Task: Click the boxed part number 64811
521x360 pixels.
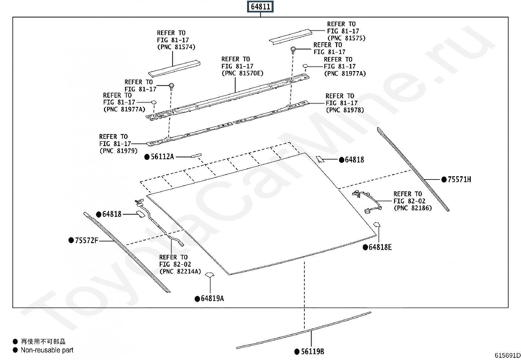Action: [x=260, y=7]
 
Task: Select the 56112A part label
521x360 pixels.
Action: [x=162, y=157]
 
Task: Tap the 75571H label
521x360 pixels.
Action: [x=459, y=179]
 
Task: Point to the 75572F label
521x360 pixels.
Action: [x=86, y=240]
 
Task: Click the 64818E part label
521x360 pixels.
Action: [x=380, y=247]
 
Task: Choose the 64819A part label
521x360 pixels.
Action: [x=212, y=298]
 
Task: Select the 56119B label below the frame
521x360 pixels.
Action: [x=312, y=351]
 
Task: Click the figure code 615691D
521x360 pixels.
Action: [x=507, y=355]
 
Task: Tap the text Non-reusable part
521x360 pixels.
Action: [x=47, y=350]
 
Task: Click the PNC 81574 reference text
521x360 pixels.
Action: [x=176, y=47]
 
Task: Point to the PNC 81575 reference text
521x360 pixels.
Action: [x=346, y=38]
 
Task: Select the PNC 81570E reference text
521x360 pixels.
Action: [x=242, y=73]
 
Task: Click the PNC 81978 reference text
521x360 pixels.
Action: [x=345, y=110]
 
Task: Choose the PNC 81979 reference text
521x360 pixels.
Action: [x=118, y=151]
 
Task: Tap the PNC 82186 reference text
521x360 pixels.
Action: [x=413, y=208]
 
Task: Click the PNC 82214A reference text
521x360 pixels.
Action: [x=180, y=271]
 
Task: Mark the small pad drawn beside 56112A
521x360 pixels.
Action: [x=196, y=155]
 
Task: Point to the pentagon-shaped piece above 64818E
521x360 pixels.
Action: [x=377, y=224]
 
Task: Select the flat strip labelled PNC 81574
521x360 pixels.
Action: [x=174, y=68]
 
